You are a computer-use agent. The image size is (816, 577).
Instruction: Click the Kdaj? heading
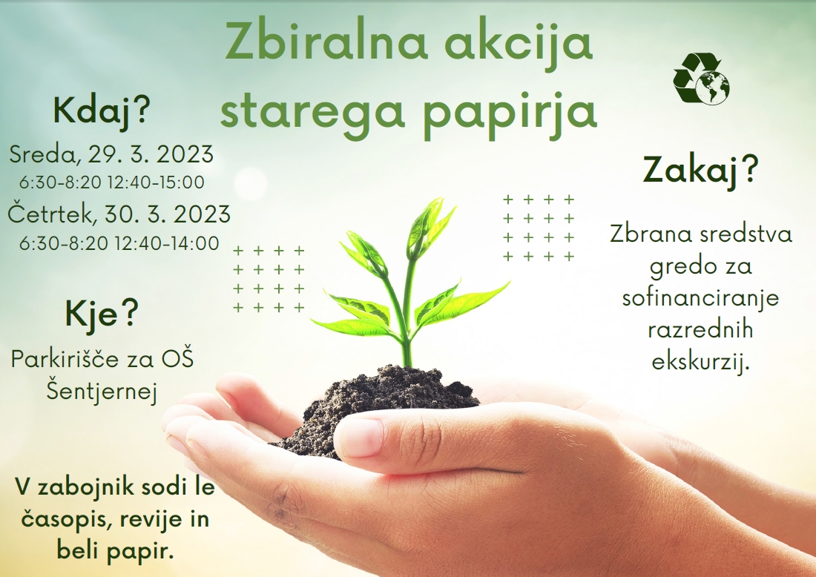pos(102,111)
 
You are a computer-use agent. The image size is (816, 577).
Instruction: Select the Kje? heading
pos(102,314)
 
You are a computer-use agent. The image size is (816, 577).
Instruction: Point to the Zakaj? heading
pos(700,170)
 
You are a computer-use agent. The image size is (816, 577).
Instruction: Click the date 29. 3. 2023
pos(151,154)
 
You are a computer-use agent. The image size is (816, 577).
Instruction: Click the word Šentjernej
pos(102,391)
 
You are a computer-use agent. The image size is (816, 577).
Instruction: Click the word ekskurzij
pos(700,361)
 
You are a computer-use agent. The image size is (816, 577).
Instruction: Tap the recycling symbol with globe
pos(701,78)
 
